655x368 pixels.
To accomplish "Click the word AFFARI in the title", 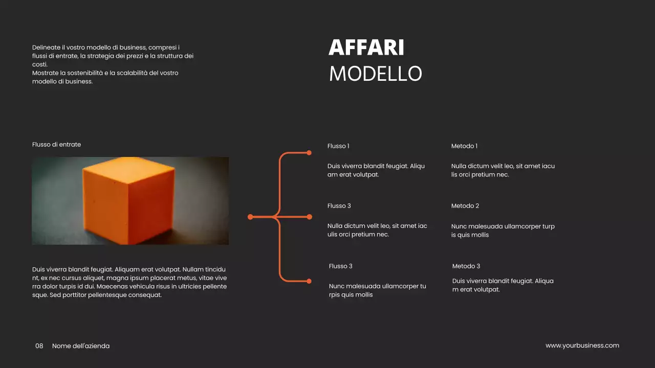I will point(366,48).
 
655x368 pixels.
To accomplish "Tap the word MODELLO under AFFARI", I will point(375,74).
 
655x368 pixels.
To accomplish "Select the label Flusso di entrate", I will point(56,145).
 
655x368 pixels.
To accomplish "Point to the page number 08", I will point(39,346).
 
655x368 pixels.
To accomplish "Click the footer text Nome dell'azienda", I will point(81,346).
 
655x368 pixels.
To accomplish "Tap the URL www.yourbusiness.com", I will point(582,346).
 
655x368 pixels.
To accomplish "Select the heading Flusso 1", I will point(338,146).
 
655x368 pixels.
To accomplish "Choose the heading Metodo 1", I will point(464,146).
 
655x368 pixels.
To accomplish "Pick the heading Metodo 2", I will point(465,206).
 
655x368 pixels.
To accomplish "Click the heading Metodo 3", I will point(466,266).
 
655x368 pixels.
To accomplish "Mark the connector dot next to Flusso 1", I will point(309,153).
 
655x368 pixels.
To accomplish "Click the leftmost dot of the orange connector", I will point(250,217).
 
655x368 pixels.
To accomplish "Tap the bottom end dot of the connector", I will point(309,281).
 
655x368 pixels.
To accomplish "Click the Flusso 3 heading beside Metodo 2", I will point(339,206).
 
